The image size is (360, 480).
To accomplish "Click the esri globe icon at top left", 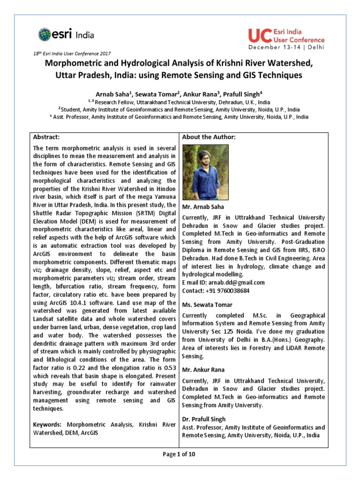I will click(x=45, y=34).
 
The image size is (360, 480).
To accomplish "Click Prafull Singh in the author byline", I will click(x=241, y=94).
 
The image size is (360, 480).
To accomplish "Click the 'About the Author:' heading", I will click(x=208, y=137).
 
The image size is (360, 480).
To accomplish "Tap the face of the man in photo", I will click(x=203, y=157).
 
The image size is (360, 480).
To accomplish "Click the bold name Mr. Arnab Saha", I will click(x=202, y=207).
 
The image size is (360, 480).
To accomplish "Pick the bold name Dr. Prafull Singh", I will click(x=204, y=419).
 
